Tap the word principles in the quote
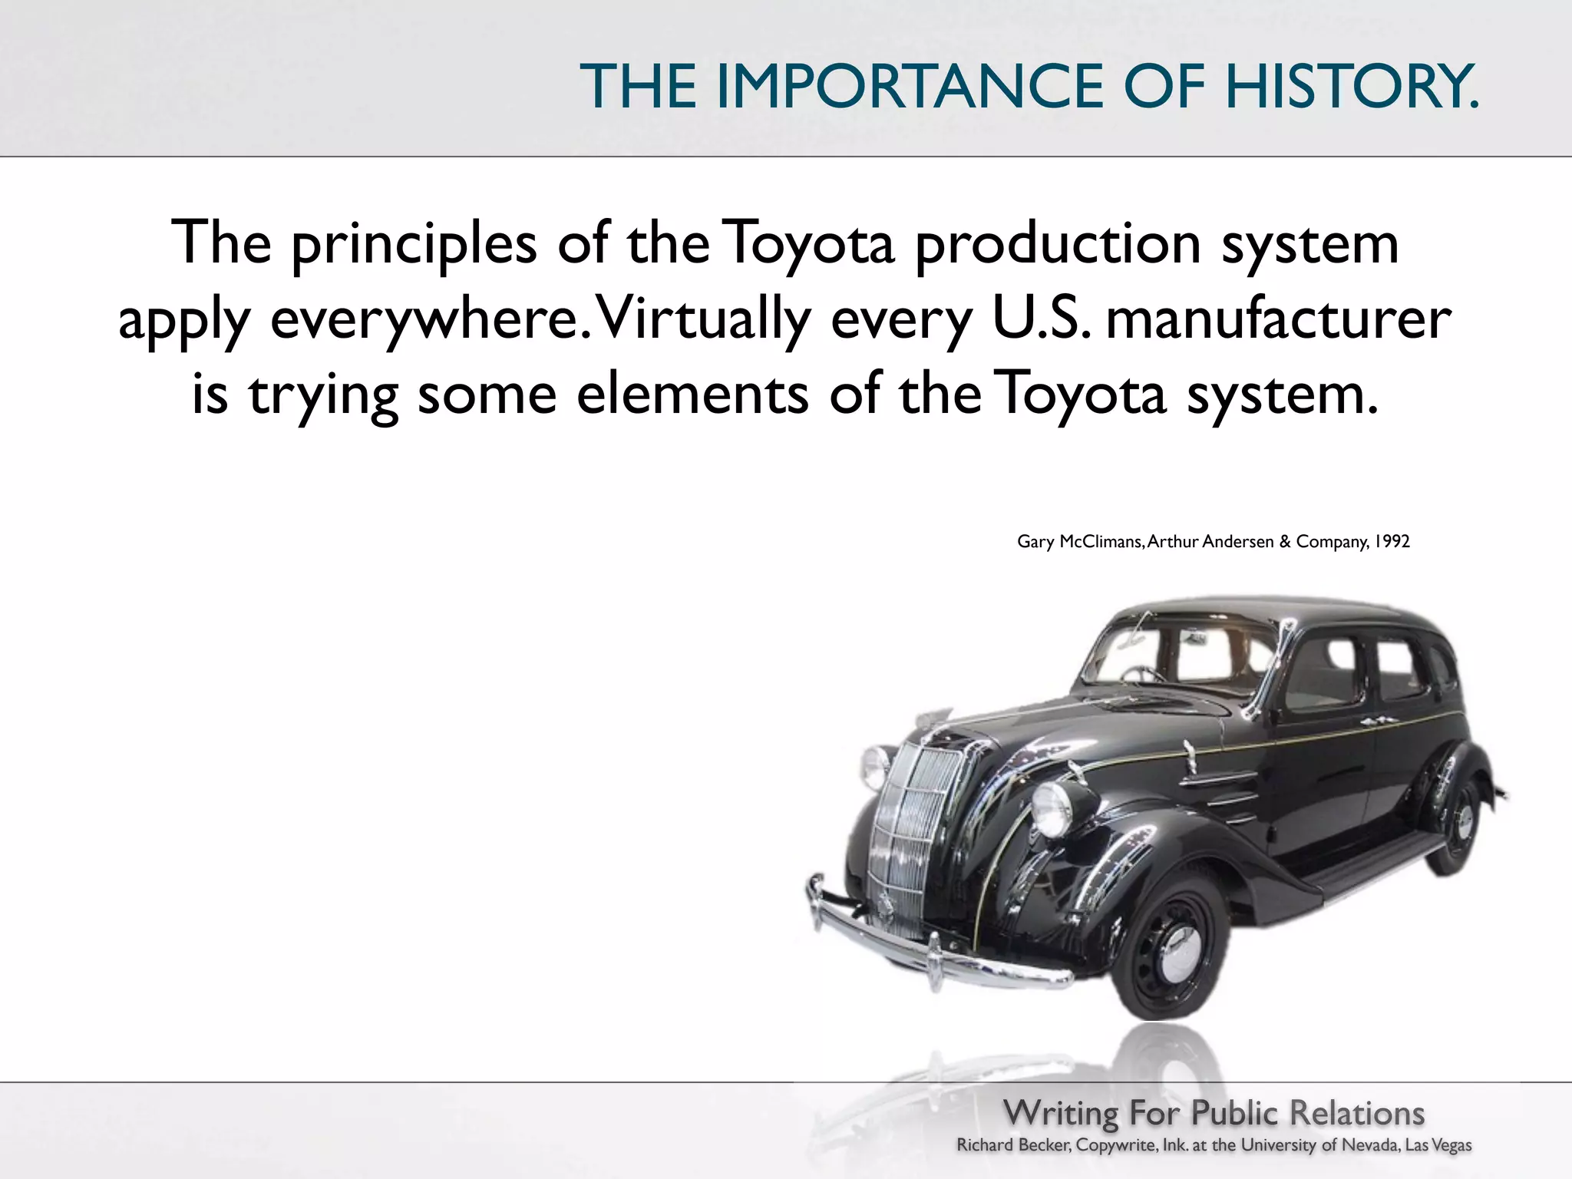click(x=414, y=244)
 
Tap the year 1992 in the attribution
click(x=1392, y=542)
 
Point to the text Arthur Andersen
click(x=1210, y=542)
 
